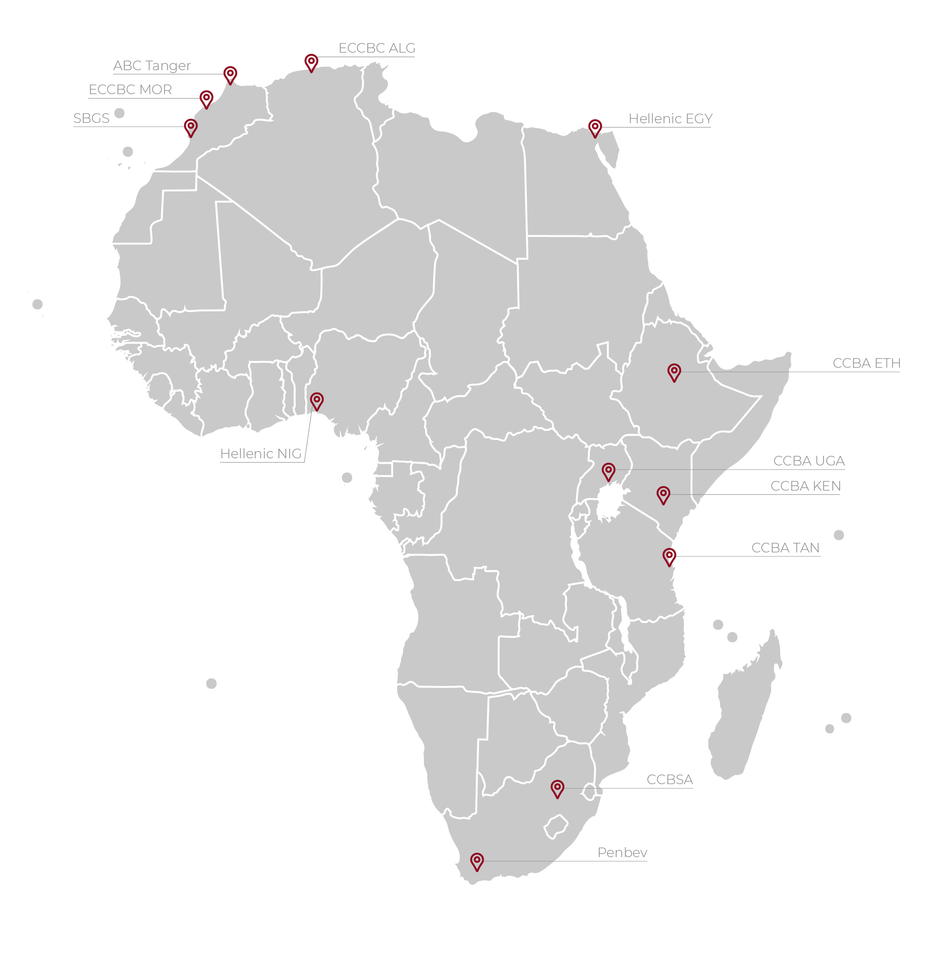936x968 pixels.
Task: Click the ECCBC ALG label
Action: pos(377,48)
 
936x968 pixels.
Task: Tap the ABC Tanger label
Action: pos(151,66)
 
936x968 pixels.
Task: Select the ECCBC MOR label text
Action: pos(130,90)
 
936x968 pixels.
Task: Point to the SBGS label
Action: pos(91,118)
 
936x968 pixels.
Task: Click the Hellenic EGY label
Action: pos(670,119)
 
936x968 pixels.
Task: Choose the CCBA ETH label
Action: pos(866,363)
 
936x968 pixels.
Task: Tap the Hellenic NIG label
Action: pos(261,454)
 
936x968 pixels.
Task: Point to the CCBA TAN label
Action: pos(785,548)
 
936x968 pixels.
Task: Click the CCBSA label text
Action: pos(669,780)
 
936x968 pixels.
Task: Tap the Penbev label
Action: pos(622,853)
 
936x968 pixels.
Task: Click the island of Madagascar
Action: pos(745,706)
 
